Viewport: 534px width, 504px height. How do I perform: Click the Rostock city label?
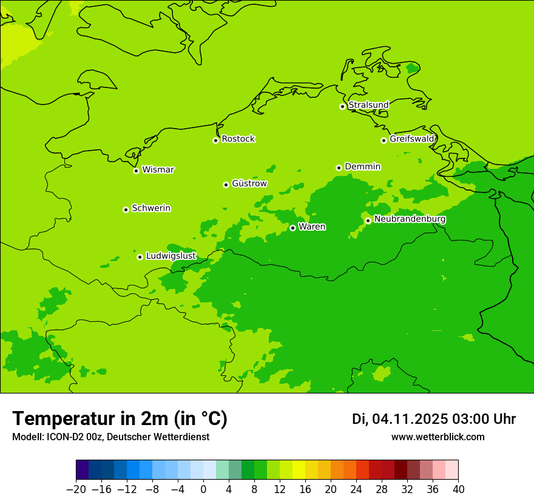[238, 139]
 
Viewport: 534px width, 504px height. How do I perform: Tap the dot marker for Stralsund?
[342, 106]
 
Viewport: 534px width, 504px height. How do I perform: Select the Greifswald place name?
[412, 139]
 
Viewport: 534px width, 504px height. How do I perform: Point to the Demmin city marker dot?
[339, 168]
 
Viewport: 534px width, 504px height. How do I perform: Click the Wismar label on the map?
[158, 170]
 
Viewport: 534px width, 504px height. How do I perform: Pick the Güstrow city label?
[249, 183]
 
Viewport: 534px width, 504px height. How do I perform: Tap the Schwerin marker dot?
[126, 209]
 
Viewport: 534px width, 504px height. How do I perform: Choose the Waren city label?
[312, 227]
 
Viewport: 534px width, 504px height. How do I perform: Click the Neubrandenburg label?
[410, 219]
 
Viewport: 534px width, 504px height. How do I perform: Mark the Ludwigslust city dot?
[140, 257]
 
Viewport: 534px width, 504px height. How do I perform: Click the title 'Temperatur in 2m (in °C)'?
[120, 418]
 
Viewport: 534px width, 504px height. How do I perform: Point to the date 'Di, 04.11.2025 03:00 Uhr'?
[434, 419]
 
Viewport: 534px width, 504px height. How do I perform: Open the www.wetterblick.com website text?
[438, 437]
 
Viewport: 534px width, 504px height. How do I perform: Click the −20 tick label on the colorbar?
[76, 489]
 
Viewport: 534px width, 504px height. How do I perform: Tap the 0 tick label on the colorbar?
[203, 489]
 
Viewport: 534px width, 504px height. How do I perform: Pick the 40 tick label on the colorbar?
[458, 489]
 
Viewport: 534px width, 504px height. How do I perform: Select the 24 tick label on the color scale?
[356, 489]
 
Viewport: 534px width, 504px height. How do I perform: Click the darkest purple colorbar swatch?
[83, 470]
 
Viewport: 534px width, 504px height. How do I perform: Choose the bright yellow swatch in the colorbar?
[299, 470]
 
